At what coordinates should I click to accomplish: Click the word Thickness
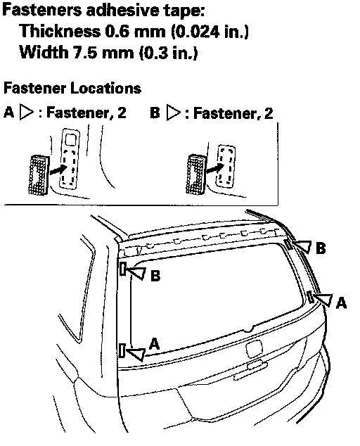click(60, 31)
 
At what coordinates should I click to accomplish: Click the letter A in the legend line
click(9, 113)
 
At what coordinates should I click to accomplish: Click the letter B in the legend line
click(155, 113)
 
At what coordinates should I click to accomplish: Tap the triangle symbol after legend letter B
click(172, 113)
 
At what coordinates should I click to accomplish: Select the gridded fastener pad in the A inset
click(39, 175)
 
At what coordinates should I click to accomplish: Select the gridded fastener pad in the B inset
click(196, 174)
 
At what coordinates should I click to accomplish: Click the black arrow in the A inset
click(58, 170)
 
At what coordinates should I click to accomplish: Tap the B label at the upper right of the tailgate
click(321, 248)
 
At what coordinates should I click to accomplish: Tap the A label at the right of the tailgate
click(341, 302)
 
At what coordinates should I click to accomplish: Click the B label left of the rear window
click(155, 276)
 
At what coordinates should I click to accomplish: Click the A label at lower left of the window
click(154, 344)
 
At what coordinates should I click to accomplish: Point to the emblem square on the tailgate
click(254, 349)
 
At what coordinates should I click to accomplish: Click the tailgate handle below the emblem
click(250, 371)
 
